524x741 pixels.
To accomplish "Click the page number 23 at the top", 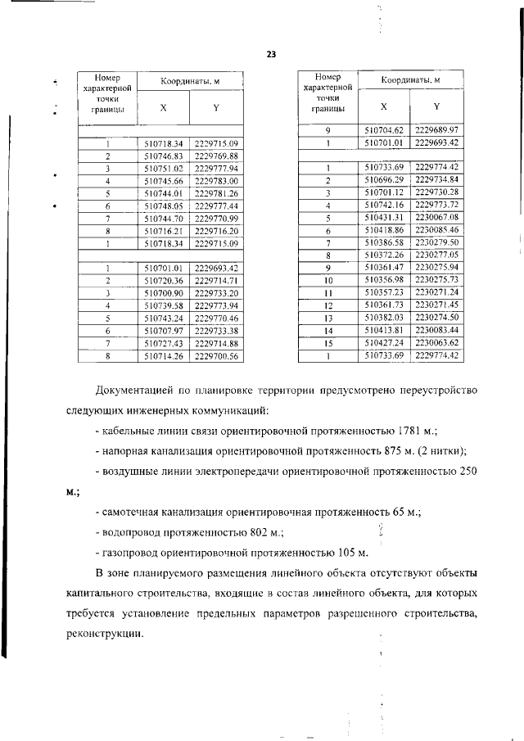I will click(x=271, y=55).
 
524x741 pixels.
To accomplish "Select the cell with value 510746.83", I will click(x=164, y=156).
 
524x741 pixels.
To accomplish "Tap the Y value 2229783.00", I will click(x=216, y=180).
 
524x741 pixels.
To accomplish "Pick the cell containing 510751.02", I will click(x=164, y=168).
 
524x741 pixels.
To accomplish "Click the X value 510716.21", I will click(x=164, y=232).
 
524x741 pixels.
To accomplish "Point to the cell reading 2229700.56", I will click(x=216, y=356).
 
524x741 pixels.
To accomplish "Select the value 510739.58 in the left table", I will click(x=164, y=305).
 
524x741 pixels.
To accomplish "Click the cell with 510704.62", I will click(x=384, y=130).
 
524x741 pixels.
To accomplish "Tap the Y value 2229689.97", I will click(x=436, y=130).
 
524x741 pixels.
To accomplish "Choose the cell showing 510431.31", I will click(x=384, y=218).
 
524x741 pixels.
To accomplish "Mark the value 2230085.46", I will click(x=436, y=231).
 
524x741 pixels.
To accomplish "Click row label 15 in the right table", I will click(x=327, y=342).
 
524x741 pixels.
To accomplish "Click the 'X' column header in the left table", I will click(x=164, y=107).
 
